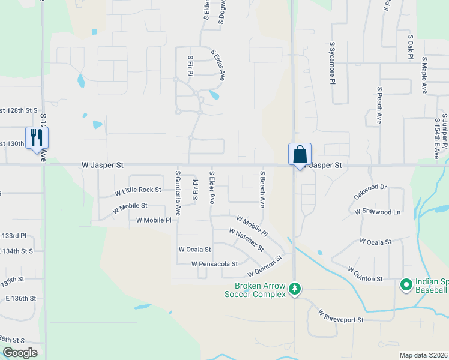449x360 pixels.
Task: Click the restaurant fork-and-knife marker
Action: [37, 137]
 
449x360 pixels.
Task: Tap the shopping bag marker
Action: [300, 154]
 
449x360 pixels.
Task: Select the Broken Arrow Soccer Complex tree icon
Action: [294, 290]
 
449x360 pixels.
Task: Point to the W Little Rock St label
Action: [138, 190]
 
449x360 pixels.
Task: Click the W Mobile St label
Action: [130, 206]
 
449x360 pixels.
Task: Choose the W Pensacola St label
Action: [214, 264]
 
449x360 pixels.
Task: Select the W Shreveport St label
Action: [341, 316]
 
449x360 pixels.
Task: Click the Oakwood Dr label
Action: [370, 192]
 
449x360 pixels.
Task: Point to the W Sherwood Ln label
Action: [377, 212]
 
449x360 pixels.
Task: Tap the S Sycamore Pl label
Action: [331, 64]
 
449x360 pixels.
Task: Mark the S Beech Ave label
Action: [262, 188]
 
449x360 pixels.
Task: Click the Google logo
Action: [19, 353]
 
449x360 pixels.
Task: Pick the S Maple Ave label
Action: [424, 76]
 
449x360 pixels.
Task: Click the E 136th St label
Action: [22, 298]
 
